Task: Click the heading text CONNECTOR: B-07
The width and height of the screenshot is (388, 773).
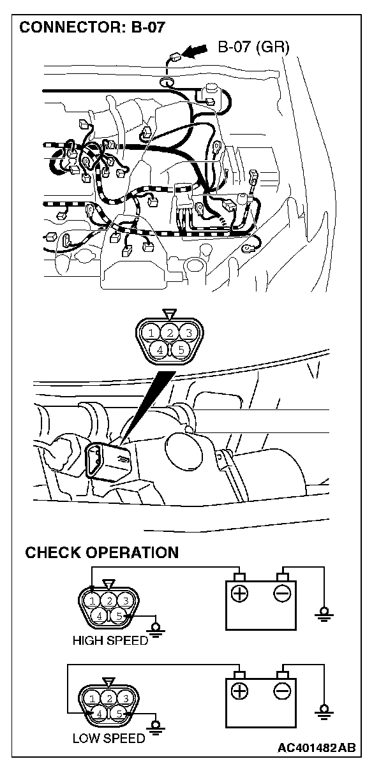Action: point(92,27)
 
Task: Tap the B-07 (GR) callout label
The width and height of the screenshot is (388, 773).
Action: point(253,47)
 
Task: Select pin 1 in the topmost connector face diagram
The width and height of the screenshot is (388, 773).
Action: point(151,333)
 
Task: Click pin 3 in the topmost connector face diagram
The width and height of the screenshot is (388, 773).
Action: point(188,333)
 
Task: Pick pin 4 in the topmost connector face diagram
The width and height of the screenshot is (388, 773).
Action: point(160,350)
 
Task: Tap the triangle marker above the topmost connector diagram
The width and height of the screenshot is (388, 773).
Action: point(170,314)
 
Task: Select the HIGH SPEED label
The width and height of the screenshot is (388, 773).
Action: point(110,640)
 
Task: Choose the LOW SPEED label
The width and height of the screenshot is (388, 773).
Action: point(108,739)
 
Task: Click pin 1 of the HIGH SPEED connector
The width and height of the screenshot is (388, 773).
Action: point(92,601)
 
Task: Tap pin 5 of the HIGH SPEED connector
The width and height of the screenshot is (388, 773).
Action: point(119,616)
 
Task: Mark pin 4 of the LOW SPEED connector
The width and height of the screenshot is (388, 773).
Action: point(100,714)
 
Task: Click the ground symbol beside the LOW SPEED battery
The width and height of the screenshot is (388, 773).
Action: point(324,712)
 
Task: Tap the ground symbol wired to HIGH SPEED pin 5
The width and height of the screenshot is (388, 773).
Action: point(156,629)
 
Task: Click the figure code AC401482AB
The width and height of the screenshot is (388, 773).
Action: point(317,757)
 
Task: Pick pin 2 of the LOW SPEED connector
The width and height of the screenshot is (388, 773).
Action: point(109,699)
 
